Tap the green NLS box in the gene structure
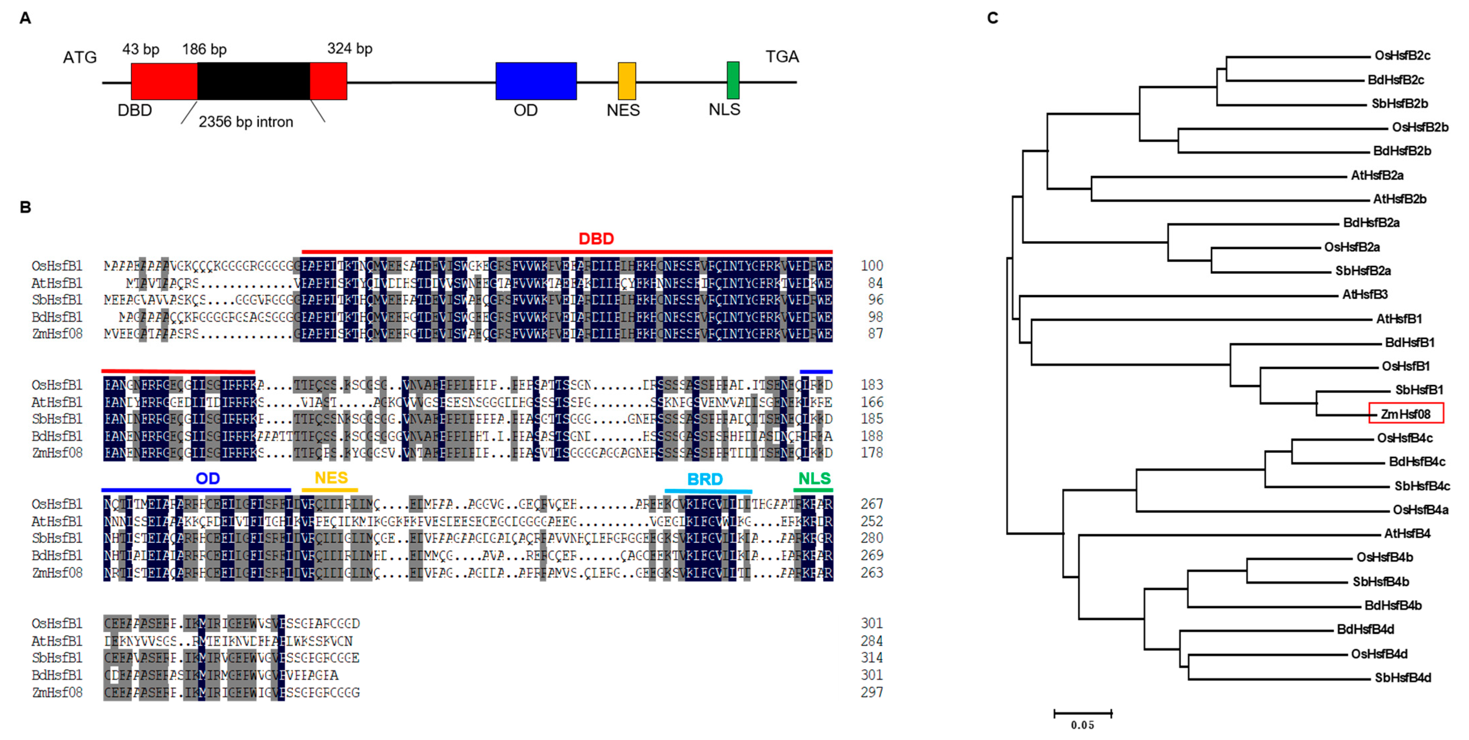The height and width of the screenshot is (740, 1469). (x=733, y=80)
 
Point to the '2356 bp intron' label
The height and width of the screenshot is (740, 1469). (x=246, y=122)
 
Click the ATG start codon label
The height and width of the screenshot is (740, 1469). (x=80, y=58)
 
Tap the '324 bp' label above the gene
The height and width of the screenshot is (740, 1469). (x=350, y=49)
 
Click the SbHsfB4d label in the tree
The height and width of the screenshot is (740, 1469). (x=1402, y=678)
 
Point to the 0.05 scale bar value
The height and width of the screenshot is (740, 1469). (x=1082, y=725)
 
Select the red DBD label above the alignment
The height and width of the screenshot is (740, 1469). (x=596, y=239)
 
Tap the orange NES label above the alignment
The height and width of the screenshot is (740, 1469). (x=331, y=478)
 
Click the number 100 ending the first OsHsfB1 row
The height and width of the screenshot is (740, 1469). (x=871, y=266)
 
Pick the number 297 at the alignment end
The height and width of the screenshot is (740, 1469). (x=871, y=692)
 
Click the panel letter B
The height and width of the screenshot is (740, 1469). (x=25, y=207)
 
